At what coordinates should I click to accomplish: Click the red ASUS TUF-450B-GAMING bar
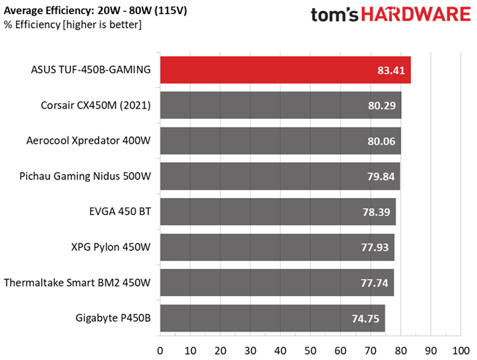[x=285, y=70]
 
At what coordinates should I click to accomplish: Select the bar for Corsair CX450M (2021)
[x=280, y=106]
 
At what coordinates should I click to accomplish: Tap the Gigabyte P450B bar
[x=272, y=317]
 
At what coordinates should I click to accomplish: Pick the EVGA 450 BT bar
[x=278, y=212]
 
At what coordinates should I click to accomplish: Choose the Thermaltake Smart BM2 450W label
[x=78, y=282]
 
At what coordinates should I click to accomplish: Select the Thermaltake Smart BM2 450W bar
[x=276, y=282]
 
